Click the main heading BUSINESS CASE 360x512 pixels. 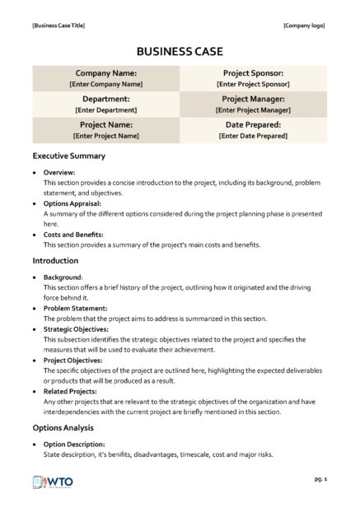pyautogui.click(x=180, y=51)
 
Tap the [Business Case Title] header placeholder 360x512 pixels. pyautogui.click(x=58, y=26)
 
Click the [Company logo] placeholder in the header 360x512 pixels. pyautogui.click(x=304, y=26)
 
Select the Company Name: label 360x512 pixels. pyautogui.click(x=105, y=73)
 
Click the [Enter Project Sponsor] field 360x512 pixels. pyautogui.click(x=253, y=84)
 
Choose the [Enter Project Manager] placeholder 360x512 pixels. pyautogui.click(x=253, y=109)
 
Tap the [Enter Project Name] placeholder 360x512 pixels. pyautogui.click(x=105, y=136)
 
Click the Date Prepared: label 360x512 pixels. pyautogui.click(x=253, y=125)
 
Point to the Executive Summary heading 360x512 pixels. pyautogui.click(x=68, y=156)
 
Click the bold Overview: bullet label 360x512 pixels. pyautogui.click(x=59, y=173)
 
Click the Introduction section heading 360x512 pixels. pyautogui.click(x=55, y=261)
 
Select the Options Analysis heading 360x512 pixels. pyautogui.click(x=63, y=428)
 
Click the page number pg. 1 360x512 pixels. pyautogui.click(x=321, y=478)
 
